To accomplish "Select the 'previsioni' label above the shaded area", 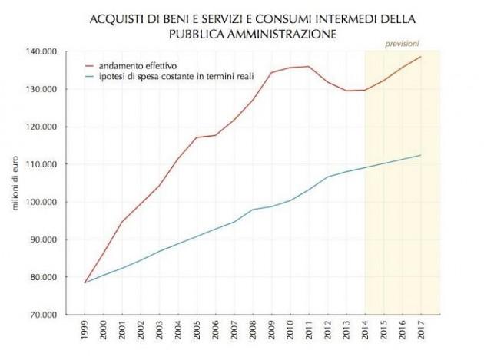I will coord(403,43).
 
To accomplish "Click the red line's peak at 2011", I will coord(309,66).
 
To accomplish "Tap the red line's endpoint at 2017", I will coord(421,57).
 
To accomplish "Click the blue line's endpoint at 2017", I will coord(421,155).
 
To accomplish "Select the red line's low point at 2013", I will coord(346,91).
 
